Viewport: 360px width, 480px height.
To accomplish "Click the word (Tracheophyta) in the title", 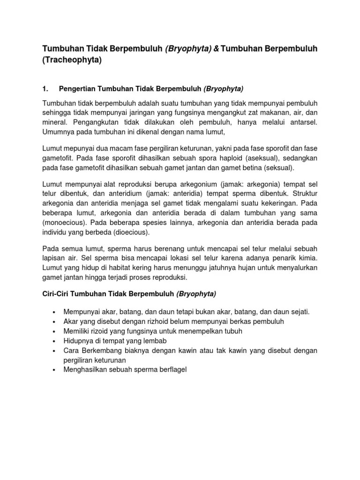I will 72,60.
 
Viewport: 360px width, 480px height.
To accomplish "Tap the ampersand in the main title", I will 217,49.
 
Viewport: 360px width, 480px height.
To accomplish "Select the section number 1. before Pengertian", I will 45,88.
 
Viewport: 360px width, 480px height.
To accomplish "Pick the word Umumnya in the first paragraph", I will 59,132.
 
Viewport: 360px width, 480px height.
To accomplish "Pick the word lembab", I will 155,340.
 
